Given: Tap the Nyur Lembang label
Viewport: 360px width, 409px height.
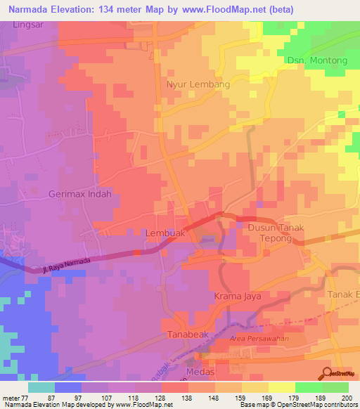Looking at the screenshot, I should pos(198,84).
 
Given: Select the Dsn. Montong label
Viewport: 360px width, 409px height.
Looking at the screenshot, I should pos(317,60).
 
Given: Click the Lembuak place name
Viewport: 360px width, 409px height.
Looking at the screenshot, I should pos(165,233).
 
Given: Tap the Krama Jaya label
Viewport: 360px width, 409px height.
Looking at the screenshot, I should pos(238,297).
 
